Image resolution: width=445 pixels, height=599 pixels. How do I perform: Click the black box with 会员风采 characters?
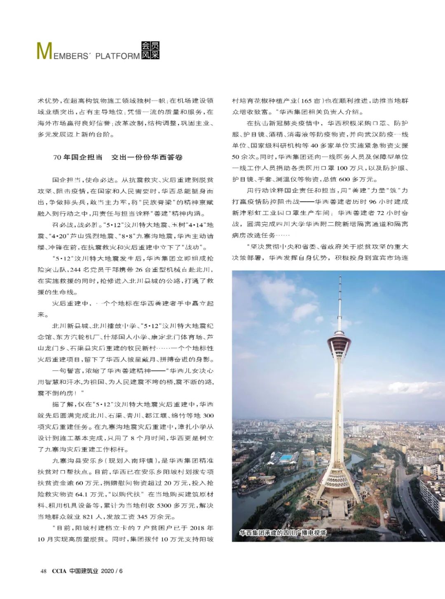[150, 51]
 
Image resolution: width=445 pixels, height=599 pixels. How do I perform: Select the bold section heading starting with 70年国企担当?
[118, 157]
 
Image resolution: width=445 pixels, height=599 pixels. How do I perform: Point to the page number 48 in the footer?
[43, 571]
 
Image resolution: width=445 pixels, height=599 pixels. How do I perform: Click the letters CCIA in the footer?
[59, 571]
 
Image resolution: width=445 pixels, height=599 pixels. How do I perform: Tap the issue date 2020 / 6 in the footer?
[112, 571]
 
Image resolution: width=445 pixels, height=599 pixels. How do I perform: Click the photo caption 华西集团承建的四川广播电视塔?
[283, 533]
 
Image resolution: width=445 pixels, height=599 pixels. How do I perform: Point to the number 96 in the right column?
[372, 202]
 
